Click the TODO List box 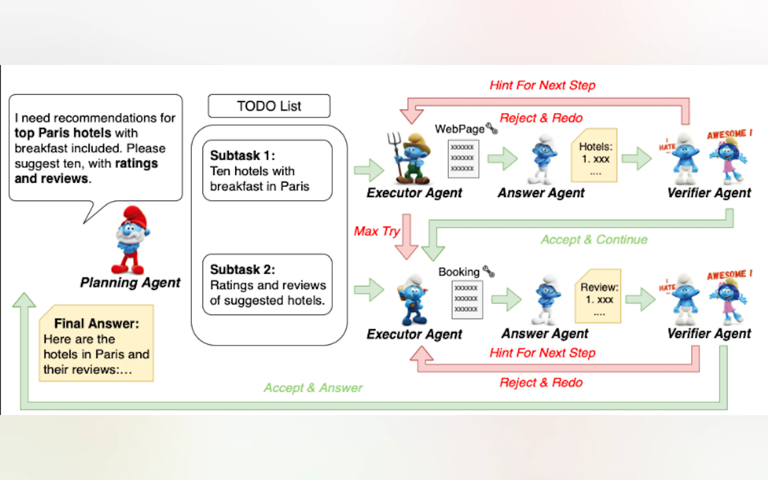[269, 106]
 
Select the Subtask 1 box [267, 170]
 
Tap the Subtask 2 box [267, 284]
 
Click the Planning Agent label [130, 283]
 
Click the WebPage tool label [459, 129]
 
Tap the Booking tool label [459, 272]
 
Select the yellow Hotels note [594, 156]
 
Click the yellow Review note [598, 296]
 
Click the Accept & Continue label [594, 240]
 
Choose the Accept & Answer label [313, 388]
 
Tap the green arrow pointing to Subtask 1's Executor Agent [369, 170]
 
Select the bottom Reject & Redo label [541, 383]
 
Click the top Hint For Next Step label [542, 85]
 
